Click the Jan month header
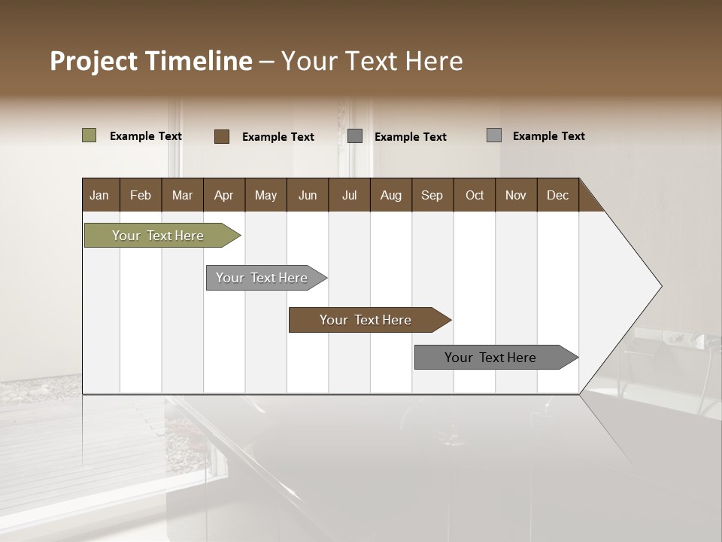coord(99,195)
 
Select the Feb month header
coord(141,195)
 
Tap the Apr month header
coord(223,195)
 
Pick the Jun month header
coord(307,195)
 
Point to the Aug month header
coord(390,195)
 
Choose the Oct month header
coord(474,195)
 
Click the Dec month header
coord(557,195)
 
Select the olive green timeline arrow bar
coord(158,236)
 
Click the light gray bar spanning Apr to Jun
coord(262,278)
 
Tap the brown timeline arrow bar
coord(366,320)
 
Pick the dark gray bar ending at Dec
coord(490,358)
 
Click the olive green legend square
coord(89,135)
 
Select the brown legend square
coord(222,136)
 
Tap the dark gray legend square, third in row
coord(355,136)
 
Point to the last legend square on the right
coord(494,135)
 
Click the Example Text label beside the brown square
coord(278,137)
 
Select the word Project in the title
coord(93,61)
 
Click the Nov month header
coord(515,195)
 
